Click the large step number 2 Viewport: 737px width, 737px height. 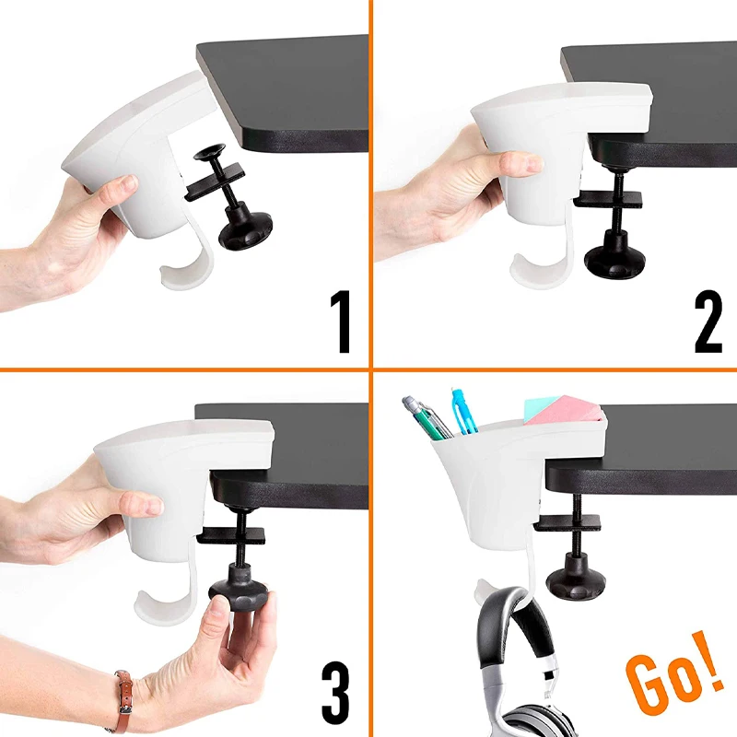(708, 322)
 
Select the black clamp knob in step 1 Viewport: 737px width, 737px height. (244, 228)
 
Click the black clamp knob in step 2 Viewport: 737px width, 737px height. (612, 257)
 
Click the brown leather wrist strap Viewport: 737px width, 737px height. (123, 699)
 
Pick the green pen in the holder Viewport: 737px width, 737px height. (427, 418)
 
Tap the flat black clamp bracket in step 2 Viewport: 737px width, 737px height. (607, 199)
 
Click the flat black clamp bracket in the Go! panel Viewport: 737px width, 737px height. (569, 523)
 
